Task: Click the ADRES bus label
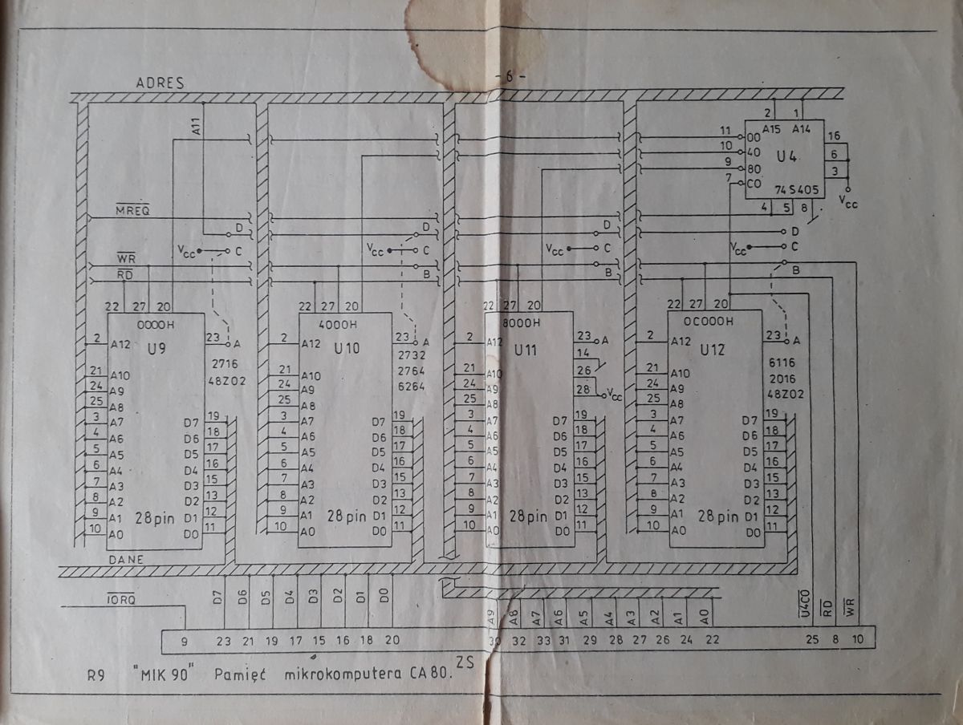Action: pos(160,83)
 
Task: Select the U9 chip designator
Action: pos(157,350)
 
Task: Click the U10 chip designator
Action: pos(347,349)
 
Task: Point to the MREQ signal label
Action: pos(132,210)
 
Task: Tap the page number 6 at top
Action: pos(510,77)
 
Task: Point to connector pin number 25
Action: pos(813,639)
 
